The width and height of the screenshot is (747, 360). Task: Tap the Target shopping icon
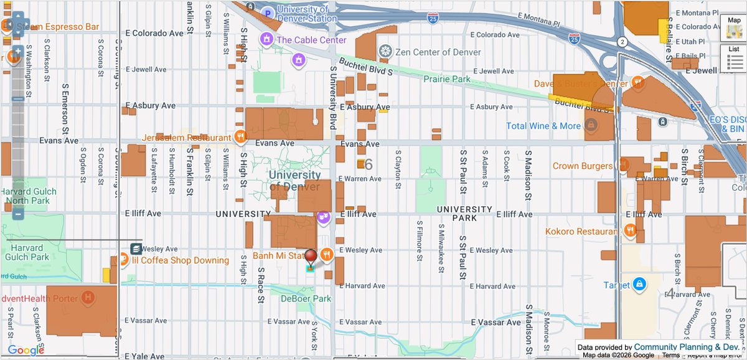click(638, 285)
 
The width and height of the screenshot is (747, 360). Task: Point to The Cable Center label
click(311, 40)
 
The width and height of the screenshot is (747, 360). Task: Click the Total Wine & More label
click(543, 126)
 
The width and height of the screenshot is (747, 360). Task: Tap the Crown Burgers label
click(583, 166)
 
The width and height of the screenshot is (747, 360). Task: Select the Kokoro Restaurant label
click(580, 232)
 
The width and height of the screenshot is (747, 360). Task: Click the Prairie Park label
click(447, 79)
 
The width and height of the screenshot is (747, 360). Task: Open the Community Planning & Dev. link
click(687, 347)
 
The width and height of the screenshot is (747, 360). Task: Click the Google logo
click(26, 350)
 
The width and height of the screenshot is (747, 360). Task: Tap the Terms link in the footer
click(670, 355)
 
